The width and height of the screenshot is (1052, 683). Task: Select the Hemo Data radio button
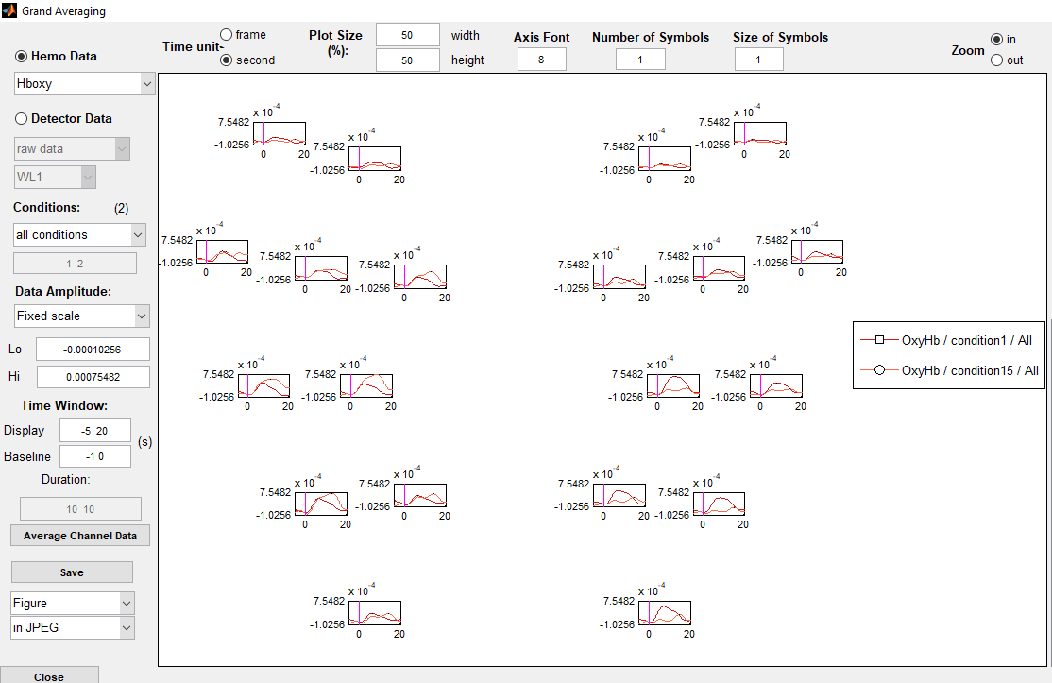click(22, 57)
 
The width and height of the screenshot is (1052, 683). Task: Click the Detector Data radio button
click(22, 119)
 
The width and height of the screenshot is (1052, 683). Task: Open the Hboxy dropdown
click(84, 83)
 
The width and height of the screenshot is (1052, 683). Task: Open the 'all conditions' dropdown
click(80, 234)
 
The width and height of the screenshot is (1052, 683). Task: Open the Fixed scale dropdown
click(82, 316)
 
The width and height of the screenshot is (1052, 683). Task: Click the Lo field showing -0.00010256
click(93, 349)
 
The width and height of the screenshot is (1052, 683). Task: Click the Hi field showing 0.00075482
click(93, 377)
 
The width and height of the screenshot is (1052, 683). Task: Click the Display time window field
click(94, 431)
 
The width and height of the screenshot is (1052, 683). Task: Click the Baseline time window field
click(94, 455)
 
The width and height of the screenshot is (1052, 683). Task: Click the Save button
click(72, 572)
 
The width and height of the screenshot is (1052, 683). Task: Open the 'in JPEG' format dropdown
click(73, 627)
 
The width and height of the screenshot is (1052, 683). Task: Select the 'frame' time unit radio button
click(227, 35)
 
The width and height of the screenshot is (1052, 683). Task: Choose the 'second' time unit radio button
click(227, 60)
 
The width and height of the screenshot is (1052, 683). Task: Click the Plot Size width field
click(407, 35)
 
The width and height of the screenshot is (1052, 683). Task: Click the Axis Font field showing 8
click(541, 60)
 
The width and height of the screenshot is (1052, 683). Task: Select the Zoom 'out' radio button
click(996, 60)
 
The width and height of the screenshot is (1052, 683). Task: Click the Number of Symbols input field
click(640, 60)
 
